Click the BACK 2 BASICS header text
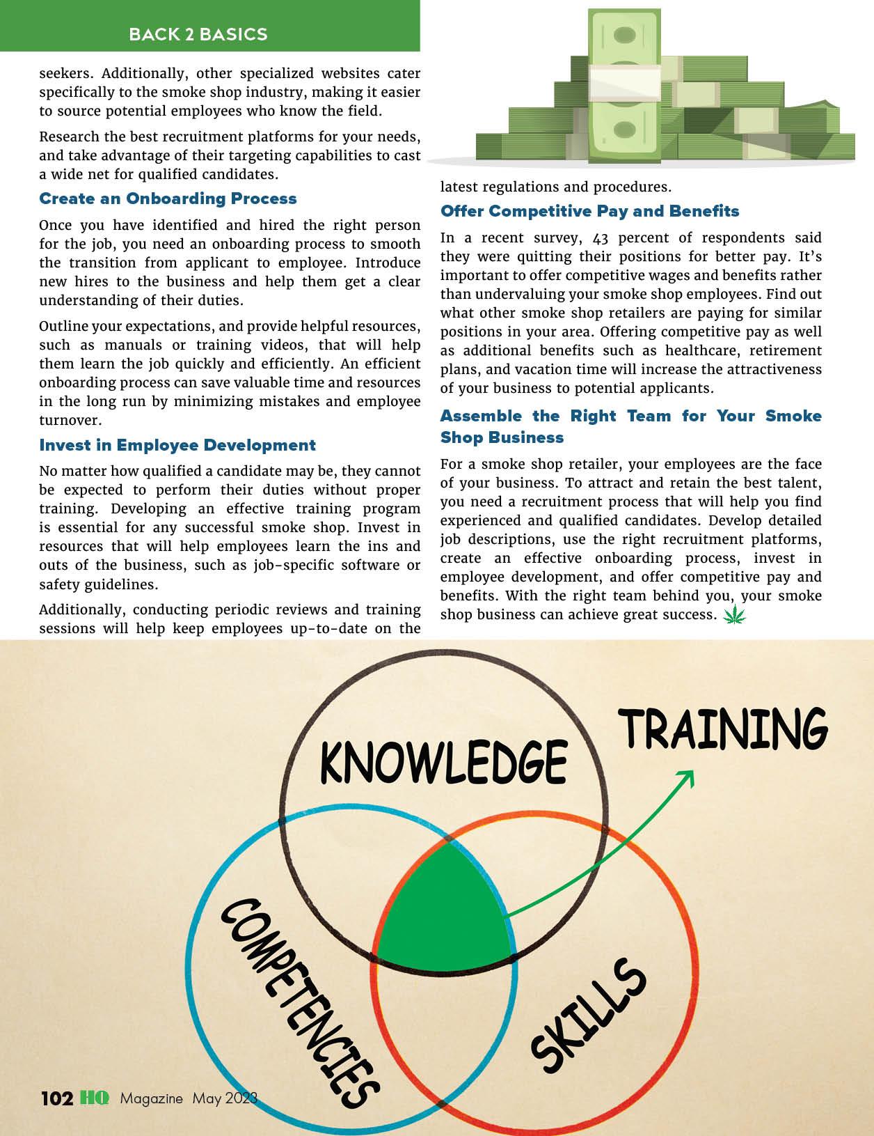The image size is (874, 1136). pos(198,34)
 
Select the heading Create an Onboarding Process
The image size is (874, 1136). pos(168,199)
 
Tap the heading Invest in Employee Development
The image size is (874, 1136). pos(177,445)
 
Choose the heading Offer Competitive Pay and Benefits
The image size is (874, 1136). pos(589,211)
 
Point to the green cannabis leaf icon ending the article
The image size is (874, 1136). pos(733,615)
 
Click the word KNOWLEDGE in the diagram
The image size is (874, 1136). pos(443,761)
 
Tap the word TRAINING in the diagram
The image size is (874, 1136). pos(723,729)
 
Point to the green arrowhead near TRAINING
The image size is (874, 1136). pos(687,776)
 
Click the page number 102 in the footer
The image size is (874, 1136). pos(57,1098)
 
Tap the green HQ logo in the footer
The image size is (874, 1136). pos(94,1098)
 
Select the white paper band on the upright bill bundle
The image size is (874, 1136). pos(623,82)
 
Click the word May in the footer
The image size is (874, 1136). pos(207,1098)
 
